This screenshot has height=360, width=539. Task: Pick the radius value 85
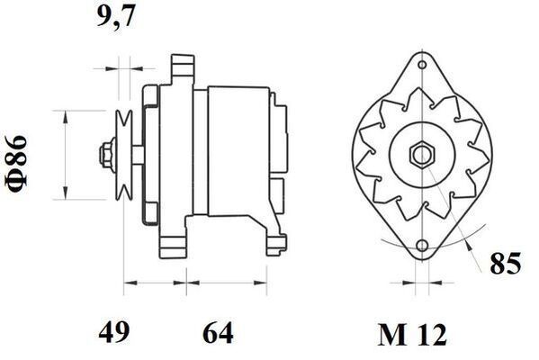coord(506,265)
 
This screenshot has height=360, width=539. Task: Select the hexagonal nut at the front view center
coord(420,154)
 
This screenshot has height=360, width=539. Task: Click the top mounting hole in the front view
coord(420,66)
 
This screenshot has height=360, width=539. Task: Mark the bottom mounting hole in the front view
coord(420,244)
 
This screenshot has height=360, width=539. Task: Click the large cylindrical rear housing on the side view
coord(236,153)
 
